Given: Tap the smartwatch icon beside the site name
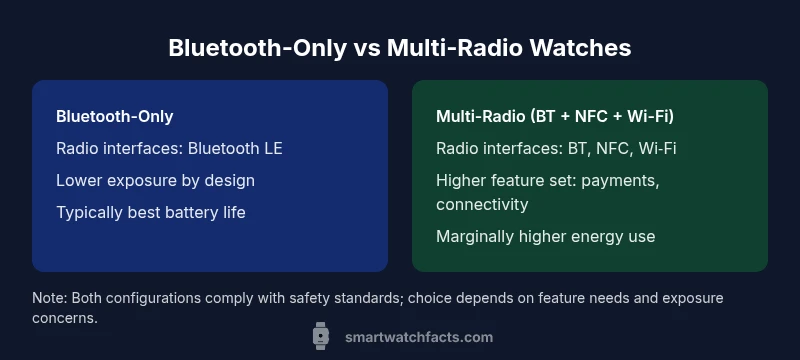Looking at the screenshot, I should pyautogui.click(x=321, y=337).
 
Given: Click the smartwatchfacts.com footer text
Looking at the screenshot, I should pyautogui.click(x=418, y=337).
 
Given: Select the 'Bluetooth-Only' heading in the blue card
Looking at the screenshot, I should pyautogui.click(x=114, y=117).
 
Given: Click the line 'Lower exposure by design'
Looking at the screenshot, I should pyautogui.click(x=155, y=180).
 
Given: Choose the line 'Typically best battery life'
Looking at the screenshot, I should pyautogui.click(x=150, y=212).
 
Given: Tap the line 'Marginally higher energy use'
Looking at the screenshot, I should pyautogui.click(x=545, y=236).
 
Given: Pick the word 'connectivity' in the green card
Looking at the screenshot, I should pyautogui.click(x=482, y=204).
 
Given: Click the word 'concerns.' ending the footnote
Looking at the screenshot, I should pyautogui.click(x=65, y=318).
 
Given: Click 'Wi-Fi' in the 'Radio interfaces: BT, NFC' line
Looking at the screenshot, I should pyautogui.click(x=657, y=149).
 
